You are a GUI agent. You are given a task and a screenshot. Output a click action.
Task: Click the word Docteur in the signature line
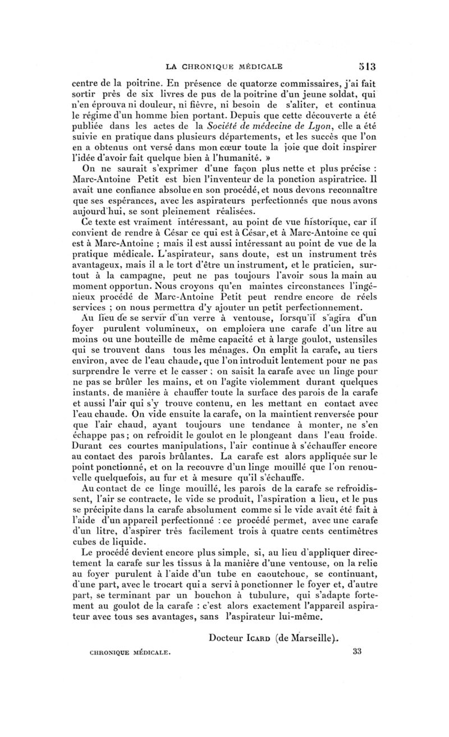[x=230, y=637]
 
